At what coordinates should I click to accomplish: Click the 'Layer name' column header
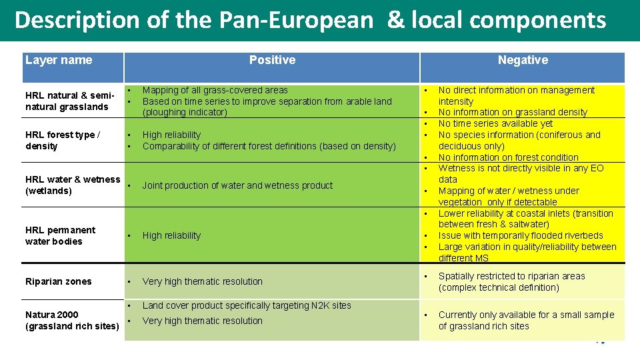pos(59,60)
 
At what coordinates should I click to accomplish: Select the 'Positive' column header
pos(272,60)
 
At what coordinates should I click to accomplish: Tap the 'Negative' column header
pos(523,60)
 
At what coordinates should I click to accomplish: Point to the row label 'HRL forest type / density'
pos(63,141)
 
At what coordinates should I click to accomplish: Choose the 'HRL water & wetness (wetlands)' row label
pos(72,185)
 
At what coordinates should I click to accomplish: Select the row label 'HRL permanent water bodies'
pos(60,236)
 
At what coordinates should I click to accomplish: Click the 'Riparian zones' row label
pos(59,281)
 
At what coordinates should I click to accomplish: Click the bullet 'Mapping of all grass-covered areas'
pos(215,90)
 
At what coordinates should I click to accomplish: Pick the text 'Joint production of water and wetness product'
pos(237,185)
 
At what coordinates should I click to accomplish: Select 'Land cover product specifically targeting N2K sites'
pos(247,305)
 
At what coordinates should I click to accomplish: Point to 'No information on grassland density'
pos(513,113)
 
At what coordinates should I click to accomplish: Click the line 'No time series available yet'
pos(495,123)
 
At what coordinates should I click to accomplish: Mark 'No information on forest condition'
pos(508,157)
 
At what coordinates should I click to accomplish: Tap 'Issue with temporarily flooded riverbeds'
pos(521,235)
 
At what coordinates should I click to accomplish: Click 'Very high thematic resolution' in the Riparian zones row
pos(203,281)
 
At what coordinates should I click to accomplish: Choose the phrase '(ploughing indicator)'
pos(185,112)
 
